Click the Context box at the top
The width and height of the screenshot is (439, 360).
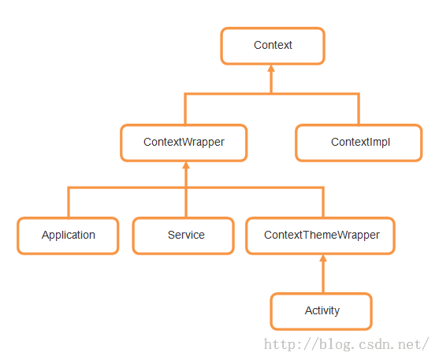[x=273, y=46]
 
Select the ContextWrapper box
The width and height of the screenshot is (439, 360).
[x=184, y=143]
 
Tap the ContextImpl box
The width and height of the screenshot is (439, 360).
[x=359, y=143]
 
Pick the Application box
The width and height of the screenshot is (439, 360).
[x=68, y=236]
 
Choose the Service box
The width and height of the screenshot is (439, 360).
[x=184, y=236]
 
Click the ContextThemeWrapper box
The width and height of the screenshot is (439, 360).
[x=320, y=236]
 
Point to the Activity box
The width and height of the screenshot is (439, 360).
[x=321, y=312]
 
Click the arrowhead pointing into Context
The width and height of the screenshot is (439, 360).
[x=271, y=69]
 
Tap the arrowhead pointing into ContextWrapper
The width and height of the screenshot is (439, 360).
[x=186, y=165]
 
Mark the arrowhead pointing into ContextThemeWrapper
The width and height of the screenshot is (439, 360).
[x=323, y=258]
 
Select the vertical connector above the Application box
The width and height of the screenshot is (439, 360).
[x=69, y=202]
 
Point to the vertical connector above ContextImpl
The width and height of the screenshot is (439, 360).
[x=359, y=109]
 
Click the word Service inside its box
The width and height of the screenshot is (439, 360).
[x=186, y=235]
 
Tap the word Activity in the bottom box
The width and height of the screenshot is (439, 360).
[x=322, y=310]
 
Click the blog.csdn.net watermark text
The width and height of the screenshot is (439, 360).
[x=346, y=344]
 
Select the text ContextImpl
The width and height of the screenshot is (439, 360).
[x=361, y=143]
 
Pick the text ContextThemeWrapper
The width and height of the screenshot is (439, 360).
[x=322, y=236]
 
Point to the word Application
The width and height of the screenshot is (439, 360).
[x=69, y=236]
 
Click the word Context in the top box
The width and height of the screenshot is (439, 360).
[x=273, y=45]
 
